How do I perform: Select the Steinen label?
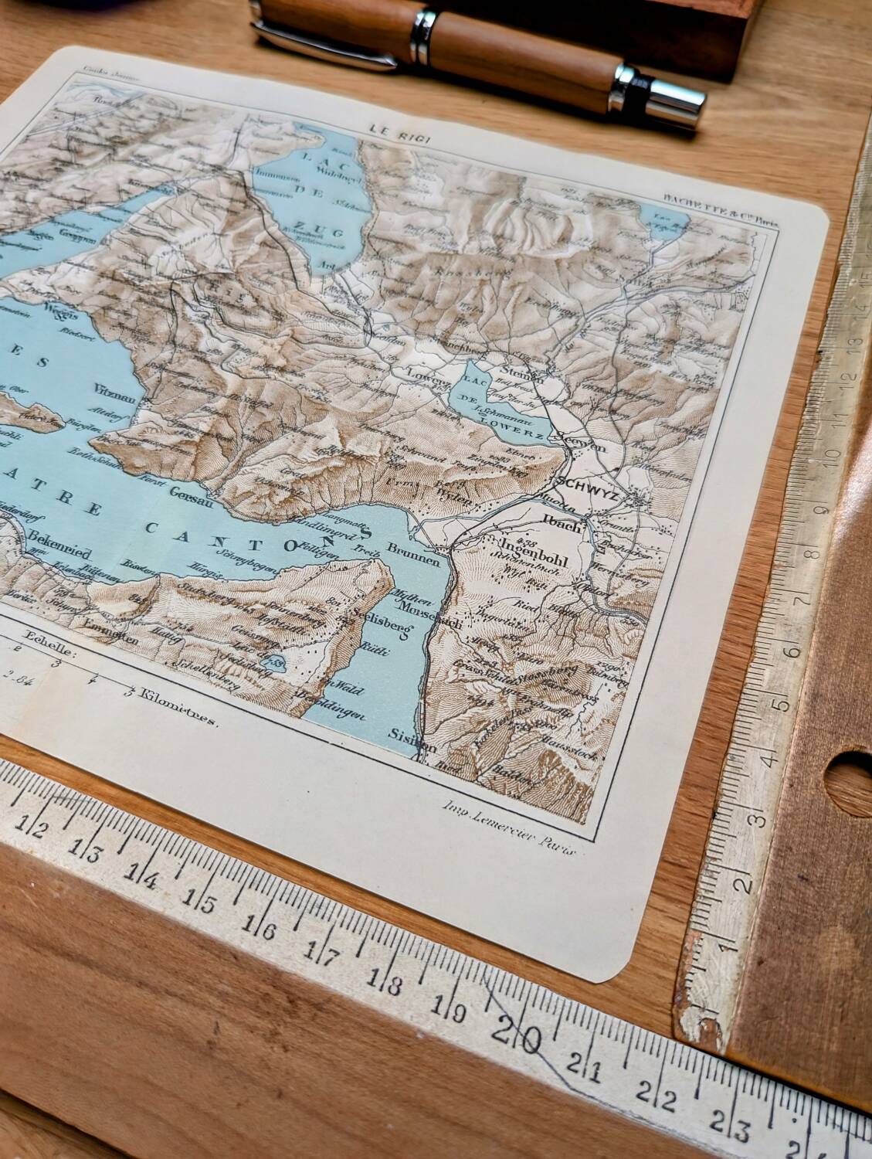coord(521,369)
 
